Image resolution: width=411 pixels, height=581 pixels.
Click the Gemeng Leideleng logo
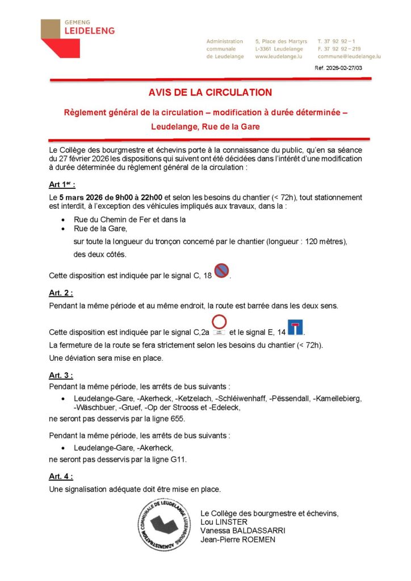[77, 37]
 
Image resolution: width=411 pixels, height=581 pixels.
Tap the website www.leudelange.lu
[278, 57]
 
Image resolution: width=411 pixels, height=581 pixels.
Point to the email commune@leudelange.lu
[349, 57]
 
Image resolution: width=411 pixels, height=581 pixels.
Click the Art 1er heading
[62, 185]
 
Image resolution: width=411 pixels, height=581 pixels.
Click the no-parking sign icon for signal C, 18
[221, 271]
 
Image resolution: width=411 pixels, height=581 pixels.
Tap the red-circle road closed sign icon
[219, 322]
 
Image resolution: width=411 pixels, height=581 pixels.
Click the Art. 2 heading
[61, 293]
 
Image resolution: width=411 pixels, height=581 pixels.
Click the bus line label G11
[177, 460]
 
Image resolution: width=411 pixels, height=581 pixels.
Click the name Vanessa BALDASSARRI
[242, 531]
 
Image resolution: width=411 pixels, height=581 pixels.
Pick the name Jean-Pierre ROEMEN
[237, 540]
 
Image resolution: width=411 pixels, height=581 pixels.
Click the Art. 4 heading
[61, 477]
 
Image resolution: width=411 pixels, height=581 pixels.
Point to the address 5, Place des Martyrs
[281, 41]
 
